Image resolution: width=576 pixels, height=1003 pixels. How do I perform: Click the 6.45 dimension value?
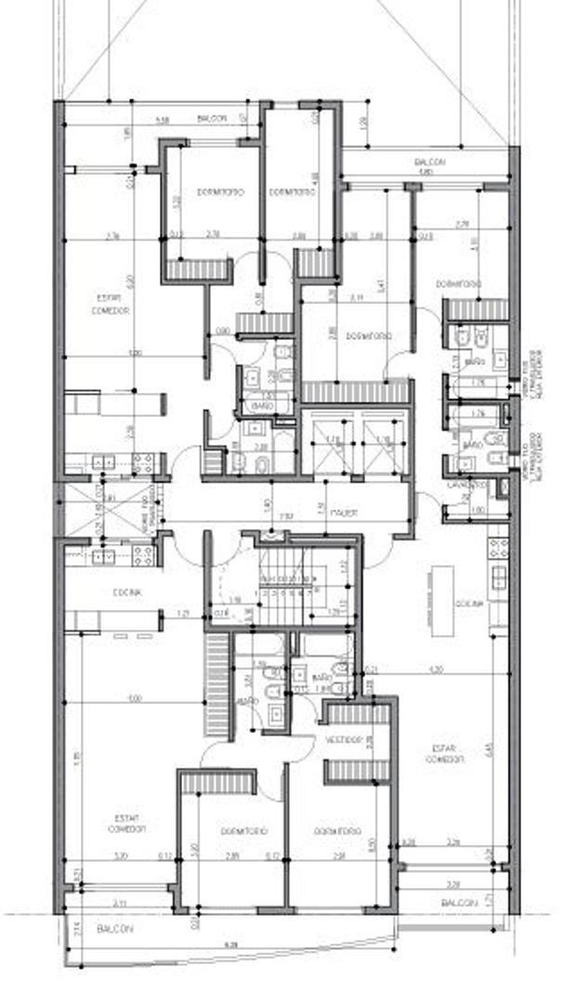click(490, 751)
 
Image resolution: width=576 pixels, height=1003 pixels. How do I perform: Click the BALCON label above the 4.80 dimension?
click(429, 163)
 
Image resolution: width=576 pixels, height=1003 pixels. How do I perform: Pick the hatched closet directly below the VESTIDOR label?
click(356, 771)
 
